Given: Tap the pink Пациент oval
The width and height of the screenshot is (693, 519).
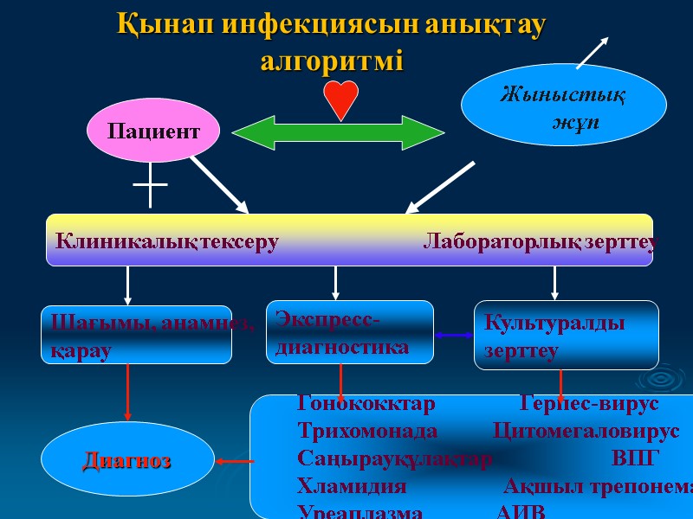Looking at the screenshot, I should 152,131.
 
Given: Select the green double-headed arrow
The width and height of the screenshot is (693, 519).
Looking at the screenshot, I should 338,132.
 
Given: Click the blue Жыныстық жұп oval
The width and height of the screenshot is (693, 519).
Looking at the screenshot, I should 563,105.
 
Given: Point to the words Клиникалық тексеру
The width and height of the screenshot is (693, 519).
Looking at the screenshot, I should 166,242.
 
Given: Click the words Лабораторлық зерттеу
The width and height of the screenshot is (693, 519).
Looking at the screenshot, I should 539,242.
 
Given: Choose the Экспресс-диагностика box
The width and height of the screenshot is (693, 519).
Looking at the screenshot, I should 349,332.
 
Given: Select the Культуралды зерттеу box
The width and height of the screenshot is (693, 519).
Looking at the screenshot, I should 566,335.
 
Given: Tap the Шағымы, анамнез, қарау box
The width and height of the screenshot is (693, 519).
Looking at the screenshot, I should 137,335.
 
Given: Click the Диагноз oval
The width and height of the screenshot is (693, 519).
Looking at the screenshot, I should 127,460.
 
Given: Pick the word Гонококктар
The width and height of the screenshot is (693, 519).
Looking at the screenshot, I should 366,404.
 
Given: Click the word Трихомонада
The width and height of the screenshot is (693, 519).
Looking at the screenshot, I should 367,431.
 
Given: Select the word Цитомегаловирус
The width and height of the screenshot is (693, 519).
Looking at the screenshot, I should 586,431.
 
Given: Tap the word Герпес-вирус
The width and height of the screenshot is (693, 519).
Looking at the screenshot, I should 589,404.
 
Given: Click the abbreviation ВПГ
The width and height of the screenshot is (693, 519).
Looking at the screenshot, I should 635,458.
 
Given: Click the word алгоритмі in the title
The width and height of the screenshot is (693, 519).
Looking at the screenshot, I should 332,62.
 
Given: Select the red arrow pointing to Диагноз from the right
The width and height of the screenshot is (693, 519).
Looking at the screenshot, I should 234,461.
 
